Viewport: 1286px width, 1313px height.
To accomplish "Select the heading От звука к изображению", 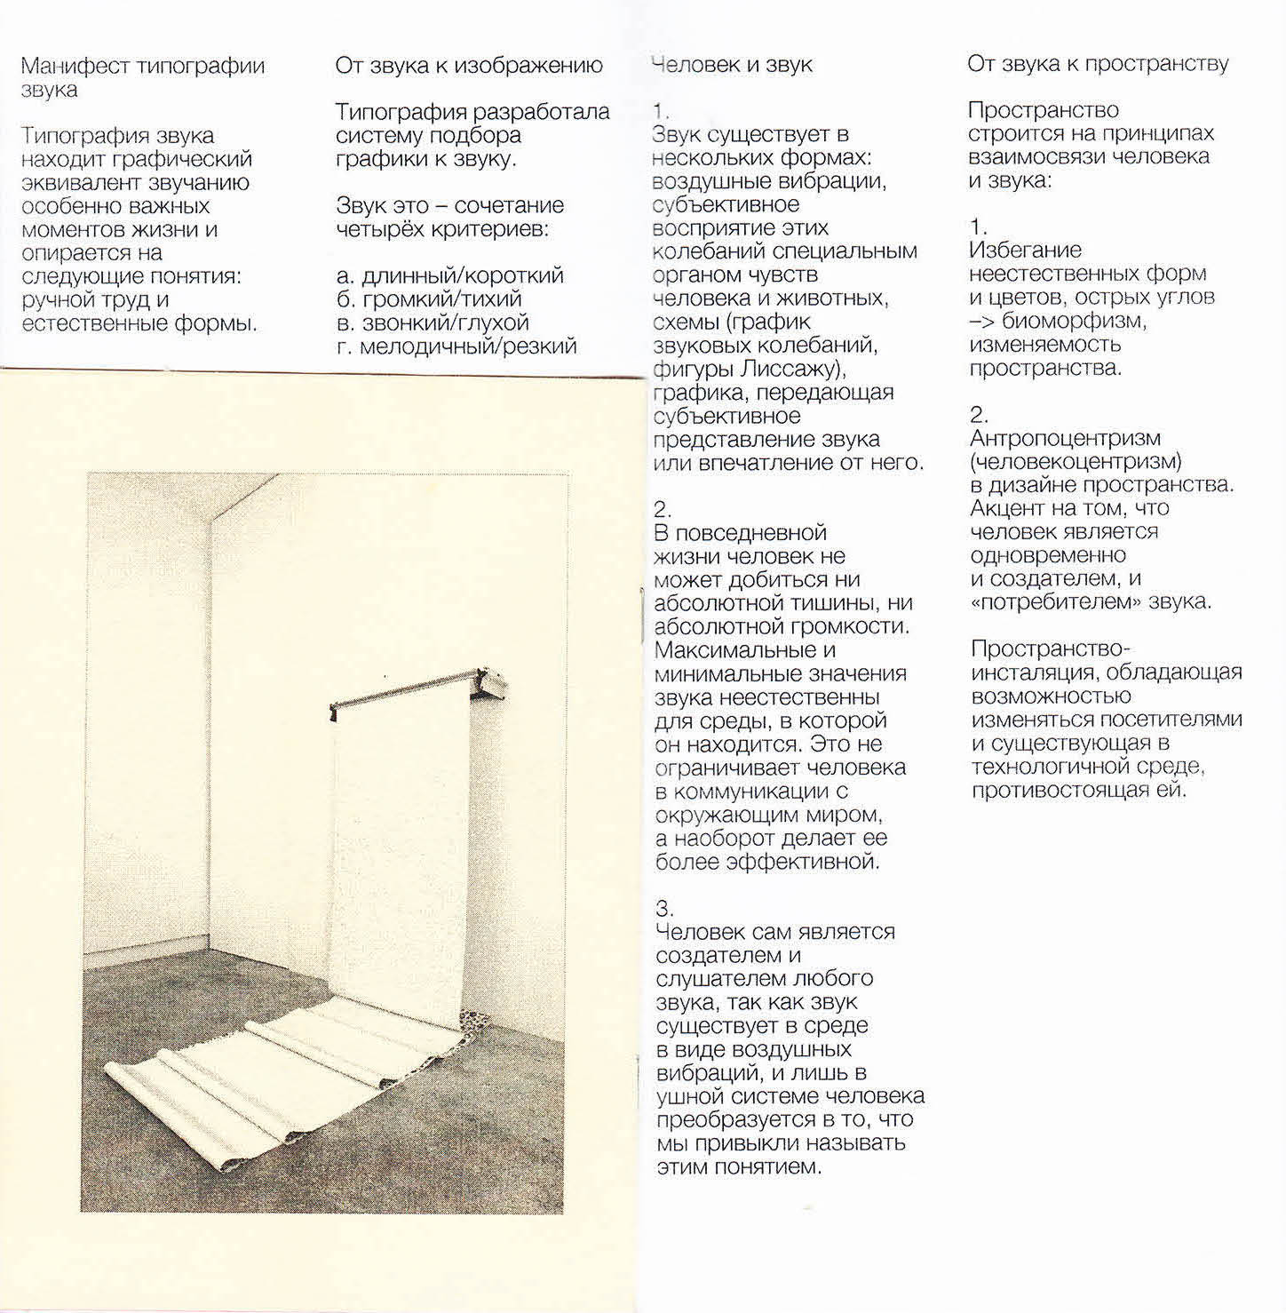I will (469, 66).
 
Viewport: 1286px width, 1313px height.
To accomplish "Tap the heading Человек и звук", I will (732, 65).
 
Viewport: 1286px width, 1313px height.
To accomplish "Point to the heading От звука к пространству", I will (1098, 64).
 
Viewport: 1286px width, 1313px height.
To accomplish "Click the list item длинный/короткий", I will (462, 276).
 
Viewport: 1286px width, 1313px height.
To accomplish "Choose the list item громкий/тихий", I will (441, 299).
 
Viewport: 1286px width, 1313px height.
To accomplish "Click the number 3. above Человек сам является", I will (664, 909).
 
